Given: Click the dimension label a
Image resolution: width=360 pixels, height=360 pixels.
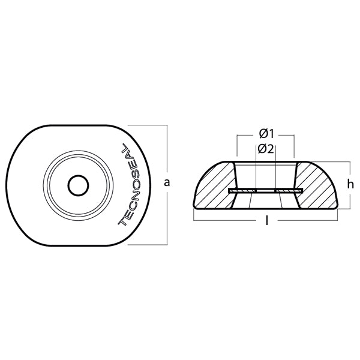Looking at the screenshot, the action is [x=167, y=183].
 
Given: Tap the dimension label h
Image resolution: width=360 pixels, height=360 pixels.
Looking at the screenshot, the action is [x=350, y=184].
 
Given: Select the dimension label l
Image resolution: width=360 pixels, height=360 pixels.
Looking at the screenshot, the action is [x=266, y=221].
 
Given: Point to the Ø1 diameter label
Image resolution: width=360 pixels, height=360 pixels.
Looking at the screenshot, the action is [x=266, y=134].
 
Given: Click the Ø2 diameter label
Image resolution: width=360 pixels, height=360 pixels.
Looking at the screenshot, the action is [x=266, y=149].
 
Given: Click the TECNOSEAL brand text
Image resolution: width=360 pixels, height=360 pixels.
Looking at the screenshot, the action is [x=130, y=184].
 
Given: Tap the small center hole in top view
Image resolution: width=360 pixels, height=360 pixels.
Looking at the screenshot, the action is [x=78, y=185].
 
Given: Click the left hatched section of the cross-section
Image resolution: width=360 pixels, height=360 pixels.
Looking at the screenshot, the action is [x=215, y=186].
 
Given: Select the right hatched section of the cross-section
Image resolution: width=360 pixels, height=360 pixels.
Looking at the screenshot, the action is [x=317, y=185].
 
